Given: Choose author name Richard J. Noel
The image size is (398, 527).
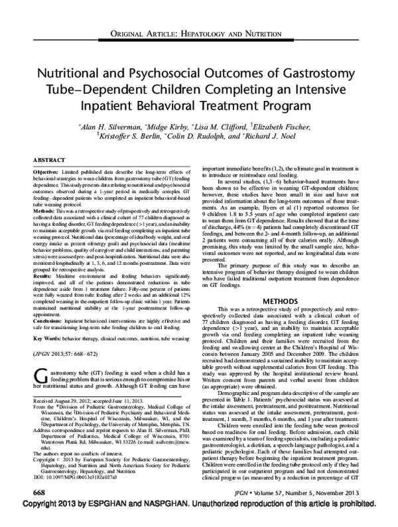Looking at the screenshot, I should [303, 135].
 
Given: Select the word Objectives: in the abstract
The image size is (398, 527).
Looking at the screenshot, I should [46, 172].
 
